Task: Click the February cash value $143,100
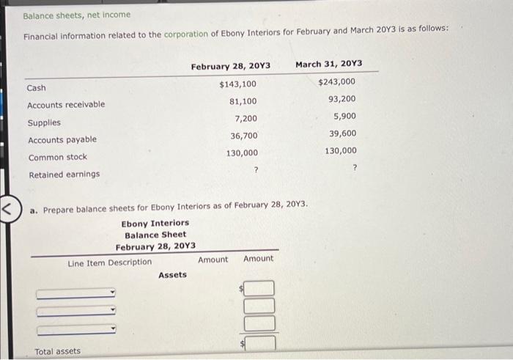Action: tap(238, 84)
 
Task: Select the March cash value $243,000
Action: tap(337, 82)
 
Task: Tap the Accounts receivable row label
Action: tap(66, 105)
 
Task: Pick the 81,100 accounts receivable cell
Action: tap(243, 101)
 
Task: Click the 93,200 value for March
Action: tap(342, 99)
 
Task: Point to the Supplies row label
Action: tap(44, 122)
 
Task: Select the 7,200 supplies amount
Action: tap(246, 119)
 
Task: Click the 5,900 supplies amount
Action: tap(345, 116)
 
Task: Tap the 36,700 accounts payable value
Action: tap(244, 136)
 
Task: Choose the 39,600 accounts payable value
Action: tap(343, 133)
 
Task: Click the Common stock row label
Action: tap(57, 157)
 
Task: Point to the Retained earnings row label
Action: tap(64, 175)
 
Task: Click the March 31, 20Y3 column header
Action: tap(328, 64)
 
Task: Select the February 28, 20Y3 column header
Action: tap(230, 67)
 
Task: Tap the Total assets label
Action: tap(58, 351)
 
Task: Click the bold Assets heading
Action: tap(172, 275)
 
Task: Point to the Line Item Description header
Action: tap(110, 262)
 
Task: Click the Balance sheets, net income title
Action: tap(76, 15)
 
